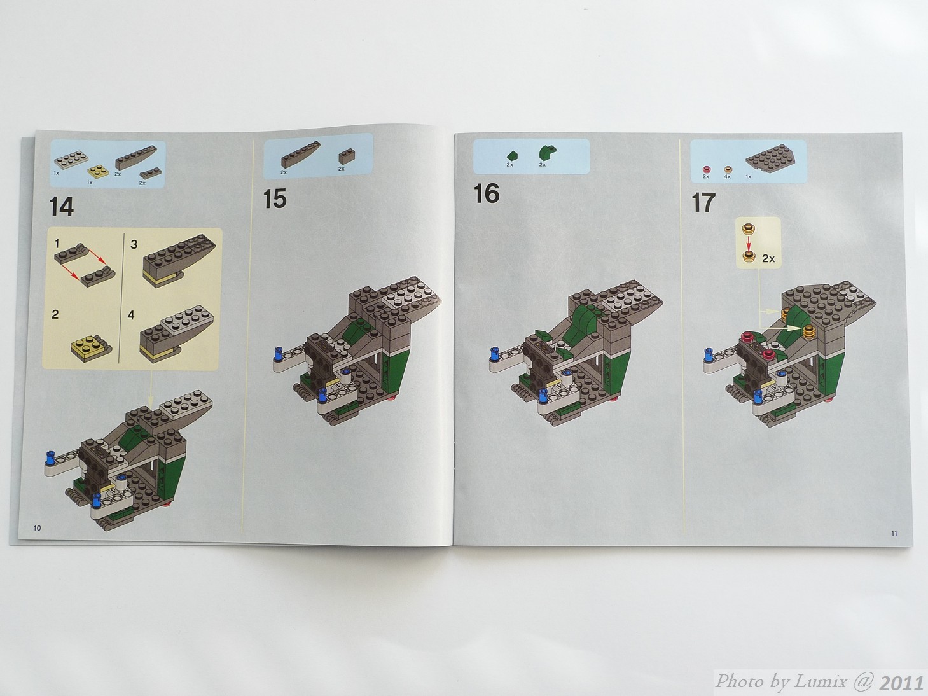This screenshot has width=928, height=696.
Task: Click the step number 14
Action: tap(61, 207)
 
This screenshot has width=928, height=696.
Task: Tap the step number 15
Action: tap(275, 198)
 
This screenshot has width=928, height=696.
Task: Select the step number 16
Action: tap(487, 193)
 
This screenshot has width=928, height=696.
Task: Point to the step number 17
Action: tap(703, 202)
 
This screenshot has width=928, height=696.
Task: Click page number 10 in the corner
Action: tap(37, 527)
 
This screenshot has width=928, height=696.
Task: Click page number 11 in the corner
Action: tap(894, 534)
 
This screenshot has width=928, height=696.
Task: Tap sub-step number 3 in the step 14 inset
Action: tap(134, 244)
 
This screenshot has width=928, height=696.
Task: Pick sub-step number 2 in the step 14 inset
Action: tap(55, 314)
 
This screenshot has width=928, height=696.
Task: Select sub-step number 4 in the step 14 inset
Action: tap(132, 316)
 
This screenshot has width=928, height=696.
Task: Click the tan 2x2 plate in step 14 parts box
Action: tap(98, 171)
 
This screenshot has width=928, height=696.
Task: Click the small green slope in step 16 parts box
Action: tap(513, 156)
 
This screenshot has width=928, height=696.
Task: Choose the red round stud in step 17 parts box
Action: tap(706, 169)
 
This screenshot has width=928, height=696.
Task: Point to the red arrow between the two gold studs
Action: tap(749, 243)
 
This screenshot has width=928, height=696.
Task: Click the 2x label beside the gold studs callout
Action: tap(768, 258)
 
